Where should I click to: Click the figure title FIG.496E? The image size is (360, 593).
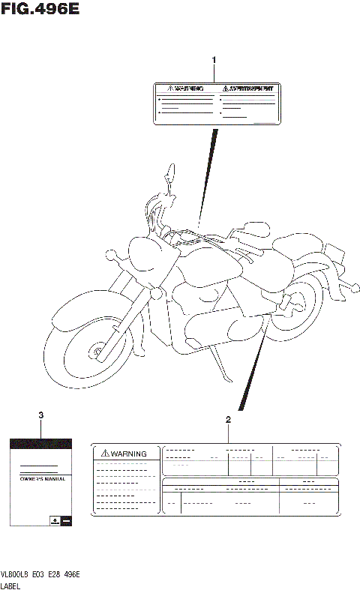40,10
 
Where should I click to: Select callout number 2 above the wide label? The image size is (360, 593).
227,421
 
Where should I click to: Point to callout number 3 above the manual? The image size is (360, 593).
40,415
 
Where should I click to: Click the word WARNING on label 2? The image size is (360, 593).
128,454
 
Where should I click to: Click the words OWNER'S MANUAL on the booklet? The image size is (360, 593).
41,478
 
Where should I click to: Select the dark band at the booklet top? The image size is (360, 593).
40,444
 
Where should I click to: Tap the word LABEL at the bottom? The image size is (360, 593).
10,586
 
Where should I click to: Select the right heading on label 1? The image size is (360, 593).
243,88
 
